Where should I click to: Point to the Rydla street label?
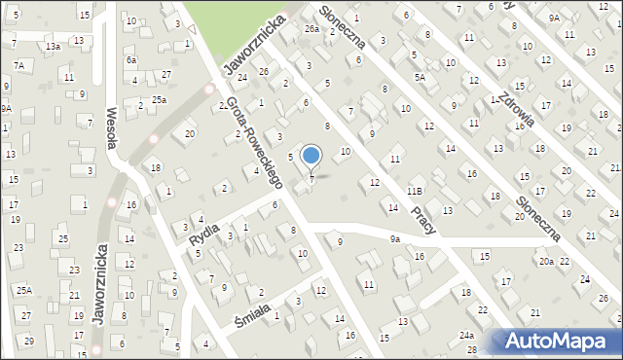point(202,233)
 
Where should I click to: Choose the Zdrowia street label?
point(513,103)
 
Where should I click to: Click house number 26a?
point(311,29)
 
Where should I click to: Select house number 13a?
point(53,46)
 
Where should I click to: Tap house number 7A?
point(18,65)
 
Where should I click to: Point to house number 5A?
point(420,77)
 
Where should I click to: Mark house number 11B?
point(415,192)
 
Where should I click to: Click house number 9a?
point(394,238)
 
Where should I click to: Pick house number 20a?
point(546,261)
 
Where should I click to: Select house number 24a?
point(468,336)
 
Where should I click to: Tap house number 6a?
point(131,59)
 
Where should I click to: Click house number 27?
point(166,75)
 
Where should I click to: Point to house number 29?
point(29,341)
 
